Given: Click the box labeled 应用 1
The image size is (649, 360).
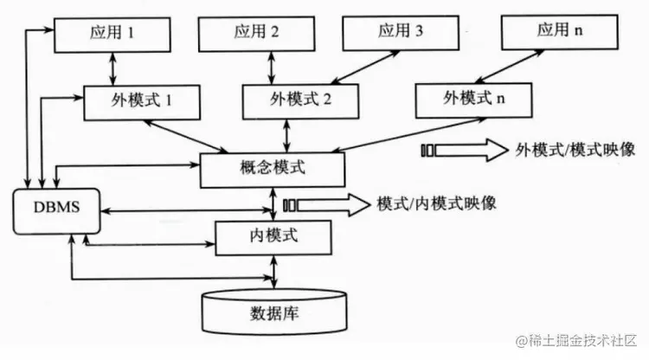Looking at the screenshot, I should [x=112, y=35].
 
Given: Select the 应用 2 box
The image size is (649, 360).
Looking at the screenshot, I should [x=256, y=34].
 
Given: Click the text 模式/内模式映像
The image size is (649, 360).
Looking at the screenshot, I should [x=436, y=204].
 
